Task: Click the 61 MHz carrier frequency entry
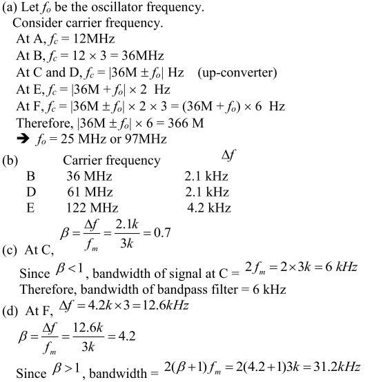pos(89,192)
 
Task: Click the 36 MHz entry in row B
pos(89,177)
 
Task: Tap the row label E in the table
pos(30,208)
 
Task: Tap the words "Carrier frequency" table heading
pos(112,161)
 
